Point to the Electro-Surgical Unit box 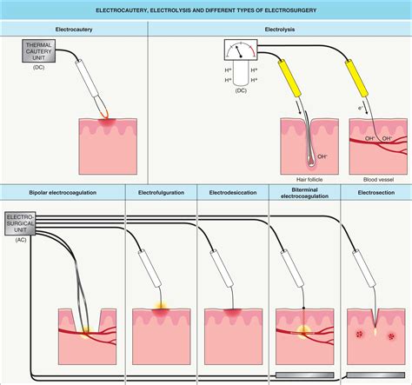click(21, 223)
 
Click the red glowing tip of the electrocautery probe click(106, 115)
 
